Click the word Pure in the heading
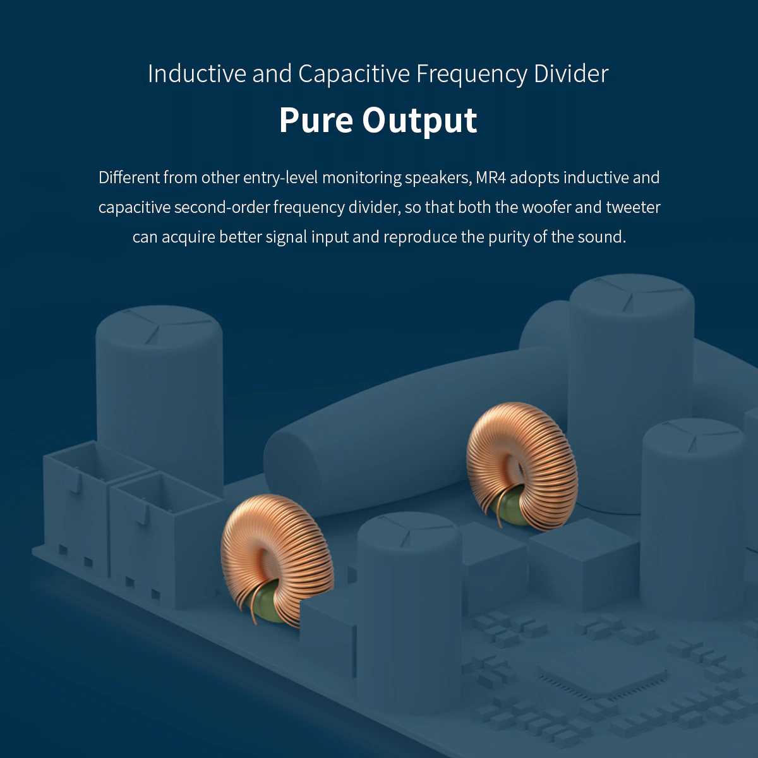(316, 120)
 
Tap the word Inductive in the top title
(197, 74)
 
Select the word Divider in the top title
(571, 74)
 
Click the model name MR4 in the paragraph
(491, 177)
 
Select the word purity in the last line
(509, 237)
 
